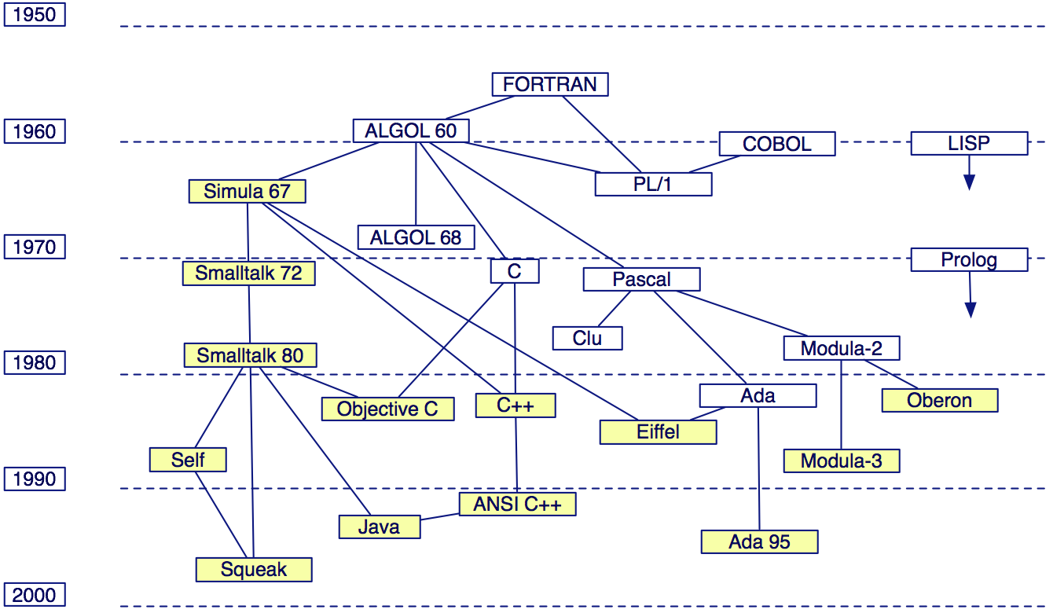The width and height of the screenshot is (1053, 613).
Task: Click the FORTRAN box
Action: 550,84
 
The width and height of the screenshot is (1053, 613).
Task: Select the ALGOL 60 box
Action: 410,130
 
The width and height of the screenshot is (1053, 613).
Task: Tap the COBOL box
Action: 777,144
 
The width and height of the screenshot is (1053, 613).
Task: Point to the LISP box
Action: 969,143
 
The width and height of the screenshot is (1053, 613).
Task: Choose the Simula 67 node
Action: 247,191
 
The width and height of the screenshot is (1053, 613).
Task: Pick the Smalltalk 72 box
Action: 248,273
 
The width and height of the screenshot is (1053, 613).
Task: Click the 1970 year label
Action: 35,247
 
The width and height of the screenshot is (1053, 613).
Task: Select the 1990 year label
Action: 35,479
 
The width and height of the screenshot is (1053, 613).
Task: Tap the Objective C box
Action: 387,409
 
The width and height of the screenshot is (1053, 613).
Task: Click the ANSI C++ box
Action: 517,504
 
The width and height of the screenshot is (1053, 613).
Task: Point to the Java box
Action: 379,527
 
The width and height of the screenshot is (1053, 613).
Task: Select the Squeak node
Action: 254,569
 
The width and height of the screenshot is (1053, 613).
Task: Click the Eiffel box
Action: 658,431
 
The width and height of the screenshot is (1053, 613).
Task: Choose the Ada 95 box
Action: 759,541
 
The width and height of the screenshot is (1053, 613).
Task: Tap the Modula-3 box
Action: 841,461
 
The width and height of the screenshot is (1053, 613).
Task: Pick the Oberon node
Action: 939,400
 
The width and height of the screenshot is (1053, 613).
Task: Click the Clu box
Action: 587,338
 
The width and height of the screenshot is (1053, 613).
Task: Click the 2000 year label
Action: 35,595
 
